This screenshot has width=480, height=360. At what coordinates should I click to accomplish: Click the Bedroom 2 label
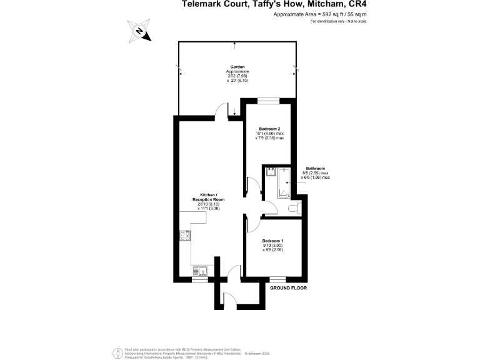pos(269,129)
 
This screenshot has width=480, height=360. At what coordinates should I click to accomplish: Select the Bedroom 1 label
pos(272,241)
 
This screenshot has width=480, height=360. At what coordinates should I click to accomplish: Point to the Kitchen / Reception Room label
pos(209,197)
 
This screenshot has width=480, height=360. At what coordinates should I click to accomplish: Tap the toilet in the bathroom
pos(295,207)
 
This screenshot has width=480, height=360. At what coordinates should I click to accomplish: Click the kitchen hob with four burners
pos(185,236)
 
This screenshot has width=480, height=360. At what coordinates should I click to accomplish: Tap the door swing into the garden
pos(222,111)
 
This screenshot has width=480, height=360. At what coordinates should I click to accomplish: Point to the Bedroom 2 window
pos(269,100)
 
